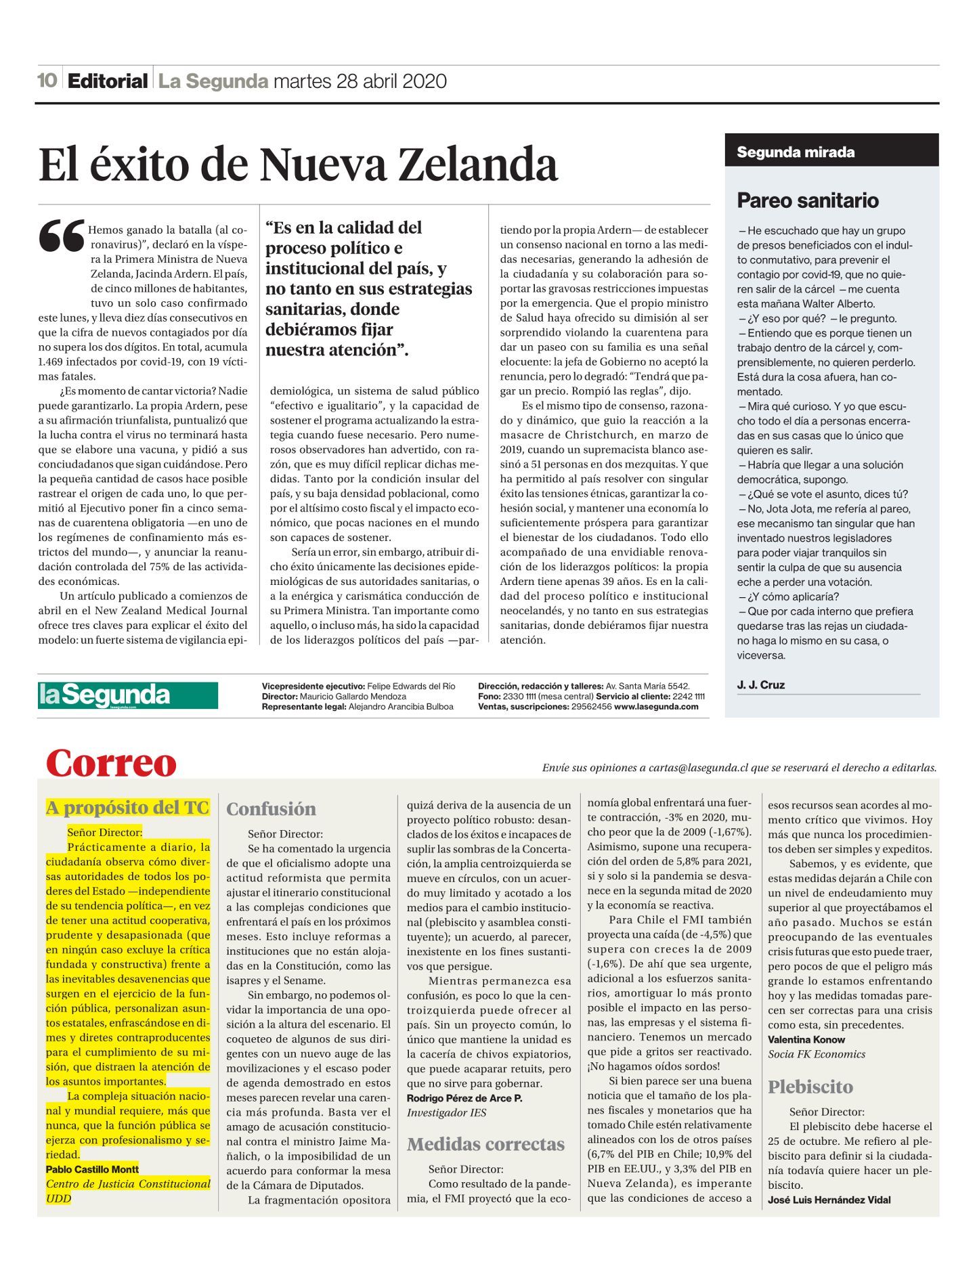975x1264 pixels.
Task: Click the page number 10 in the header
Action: coord(47,81)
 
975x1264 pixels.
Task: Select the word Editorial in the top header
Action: coord(108,81)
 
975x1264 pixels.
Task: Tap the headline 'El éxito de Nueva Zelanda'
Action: coord(298,165)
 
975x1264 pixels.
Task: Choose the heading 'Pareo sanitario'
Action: coord(807,200)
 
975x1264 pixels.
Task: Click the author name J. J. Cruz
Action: coord(760,684)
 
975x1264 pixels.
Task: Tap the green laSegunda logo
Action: coord(127,695)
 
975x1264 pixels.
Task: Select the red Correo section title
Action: coord(111,764)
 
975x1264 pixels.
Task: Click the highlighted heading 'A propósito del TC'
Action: coord(127,808)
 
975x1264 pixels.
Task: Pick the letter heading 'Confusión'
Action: coord(271,809)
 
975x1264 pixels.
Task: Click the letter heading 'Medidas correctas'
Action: coord(485,1144)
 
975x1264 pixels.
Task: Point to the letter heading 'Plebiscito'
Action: coord(810,1087)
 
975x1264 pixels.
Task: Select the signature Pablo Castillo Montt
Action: coord(92,1169)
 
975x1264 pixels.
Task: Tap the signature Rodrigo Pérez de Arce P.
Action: coord(464,1098)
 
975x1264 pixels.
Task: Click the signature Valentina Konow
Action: coord(806,1039)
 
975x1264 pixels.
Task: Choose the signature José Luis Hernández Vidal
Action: coord(829,1200)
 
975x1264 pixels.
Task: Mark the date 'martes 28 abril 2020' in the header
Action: coord(360,81)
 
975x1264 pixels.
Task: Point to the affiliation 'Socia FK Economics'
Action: coord(816,1054)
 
